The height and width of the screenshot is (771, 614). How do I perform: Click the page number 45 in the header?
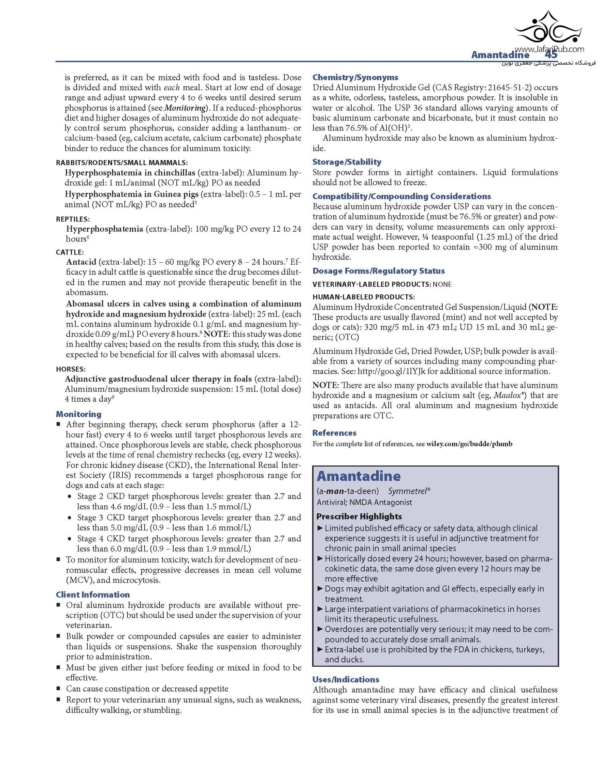(551, 55)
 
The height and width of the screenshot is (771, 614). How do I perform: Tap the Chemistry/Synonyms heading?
(355, 77)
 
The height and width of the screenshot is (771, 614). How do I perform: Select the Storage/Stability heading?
(347, 162)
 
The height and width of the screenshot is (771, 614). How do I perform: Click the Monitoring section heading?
(78, 414)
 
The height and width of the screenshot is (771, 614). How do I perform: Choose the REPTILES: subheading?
(73, 219)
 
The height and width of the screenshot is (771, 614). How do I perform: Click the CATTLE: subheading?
(70, 252)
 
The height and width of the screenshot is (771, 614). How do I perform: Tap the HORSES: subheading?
(71, 369)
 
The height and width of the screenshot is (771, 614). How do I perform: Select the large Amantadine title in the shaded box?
(359, 476)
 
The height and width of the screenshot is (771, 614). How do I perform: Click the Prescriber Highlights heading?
(359, 516)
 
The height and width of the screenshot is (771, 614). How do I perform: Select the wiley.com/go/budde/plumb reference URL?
(469, 444)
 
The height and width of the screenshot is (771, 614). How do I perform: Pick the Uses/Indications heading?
(346, 679)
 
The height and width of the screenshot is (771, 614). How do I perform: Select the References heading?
(334, 433)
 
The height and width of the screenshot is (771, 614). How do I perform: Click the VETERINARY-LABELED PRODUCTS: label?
(371, 284)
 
